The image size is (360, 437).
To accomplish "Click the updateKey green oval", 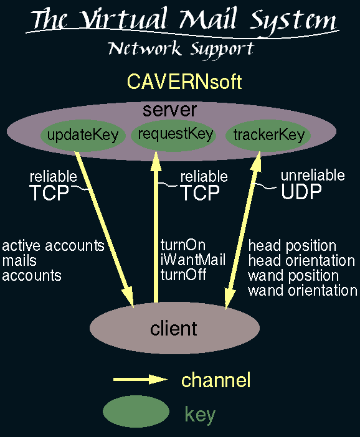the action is click(x=83, y=136).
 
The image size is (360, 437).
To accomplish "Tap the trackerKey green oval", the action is click(x=268, y=136).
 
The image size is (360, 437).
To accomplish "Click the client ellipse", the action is click(x=174, y=328).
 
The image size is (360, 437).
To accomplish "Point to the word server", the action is click(x=169, y=110).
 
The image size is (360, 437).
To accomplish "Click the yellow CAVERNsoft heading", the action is click(x=184, y=82).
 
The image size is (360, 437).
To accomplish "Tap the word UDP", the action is click(x=301, y=192).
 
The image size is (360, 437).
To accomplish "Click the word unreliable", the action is click(x=313, y=176).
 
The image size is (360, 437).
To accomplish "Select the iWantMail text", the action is click(x=192, y=260).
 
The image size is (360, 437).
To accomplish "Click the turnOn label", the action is click(x=183, y=245).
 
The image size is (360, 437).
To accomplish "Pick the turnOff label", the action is click(x=183, y=275).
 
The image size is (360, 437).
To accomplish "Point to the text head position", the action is click(x=292, y=246).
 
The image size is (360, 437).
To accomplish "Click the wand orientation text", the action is click(x=303, y=291).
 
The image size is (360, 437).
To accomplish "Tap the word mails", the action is click(x=19, y=261).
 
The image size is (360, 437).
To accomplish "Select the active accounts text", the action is click(x=54, y=246).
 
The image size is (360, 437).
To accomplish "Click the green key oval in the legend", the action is click(x=136, y=411).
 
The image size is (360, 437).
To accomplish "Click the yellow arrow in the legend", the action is click(x=140, y=379).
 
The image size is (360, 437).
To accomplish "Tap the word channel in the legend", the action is click(x=216, y=380).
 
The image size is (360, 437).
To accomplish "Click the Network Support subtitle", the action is click(x=181, y=49).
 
